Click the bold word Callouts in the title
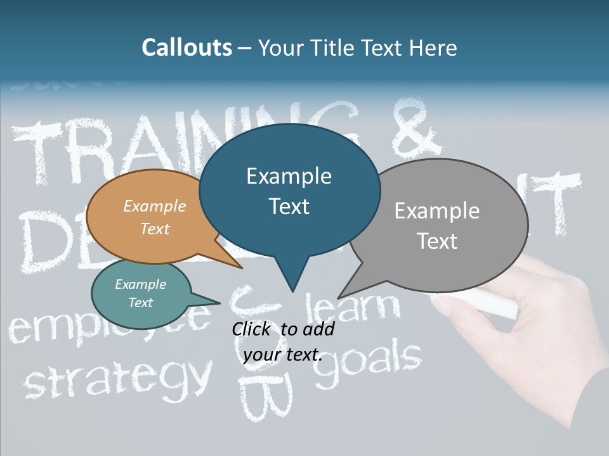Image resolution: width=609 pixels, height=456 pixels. coord(187,47)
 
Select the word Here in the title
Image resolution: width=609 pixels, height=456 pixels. coord(433,47)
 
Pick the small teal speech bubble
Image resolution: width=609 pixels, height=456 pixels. coord(141,294)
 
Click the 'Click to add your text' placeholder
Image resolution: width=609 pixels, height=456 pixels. coord(283,342)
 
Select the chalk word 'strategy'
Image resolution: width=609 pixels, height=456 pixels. coord(117,377)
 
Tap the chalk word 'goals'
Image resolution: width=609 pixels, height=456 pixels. coord(368,364)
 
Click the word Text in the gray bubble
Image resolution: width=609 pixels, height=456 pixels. coord(438,241)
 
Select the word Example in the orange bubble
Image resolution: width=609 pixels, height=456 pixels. coord(155,206)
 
